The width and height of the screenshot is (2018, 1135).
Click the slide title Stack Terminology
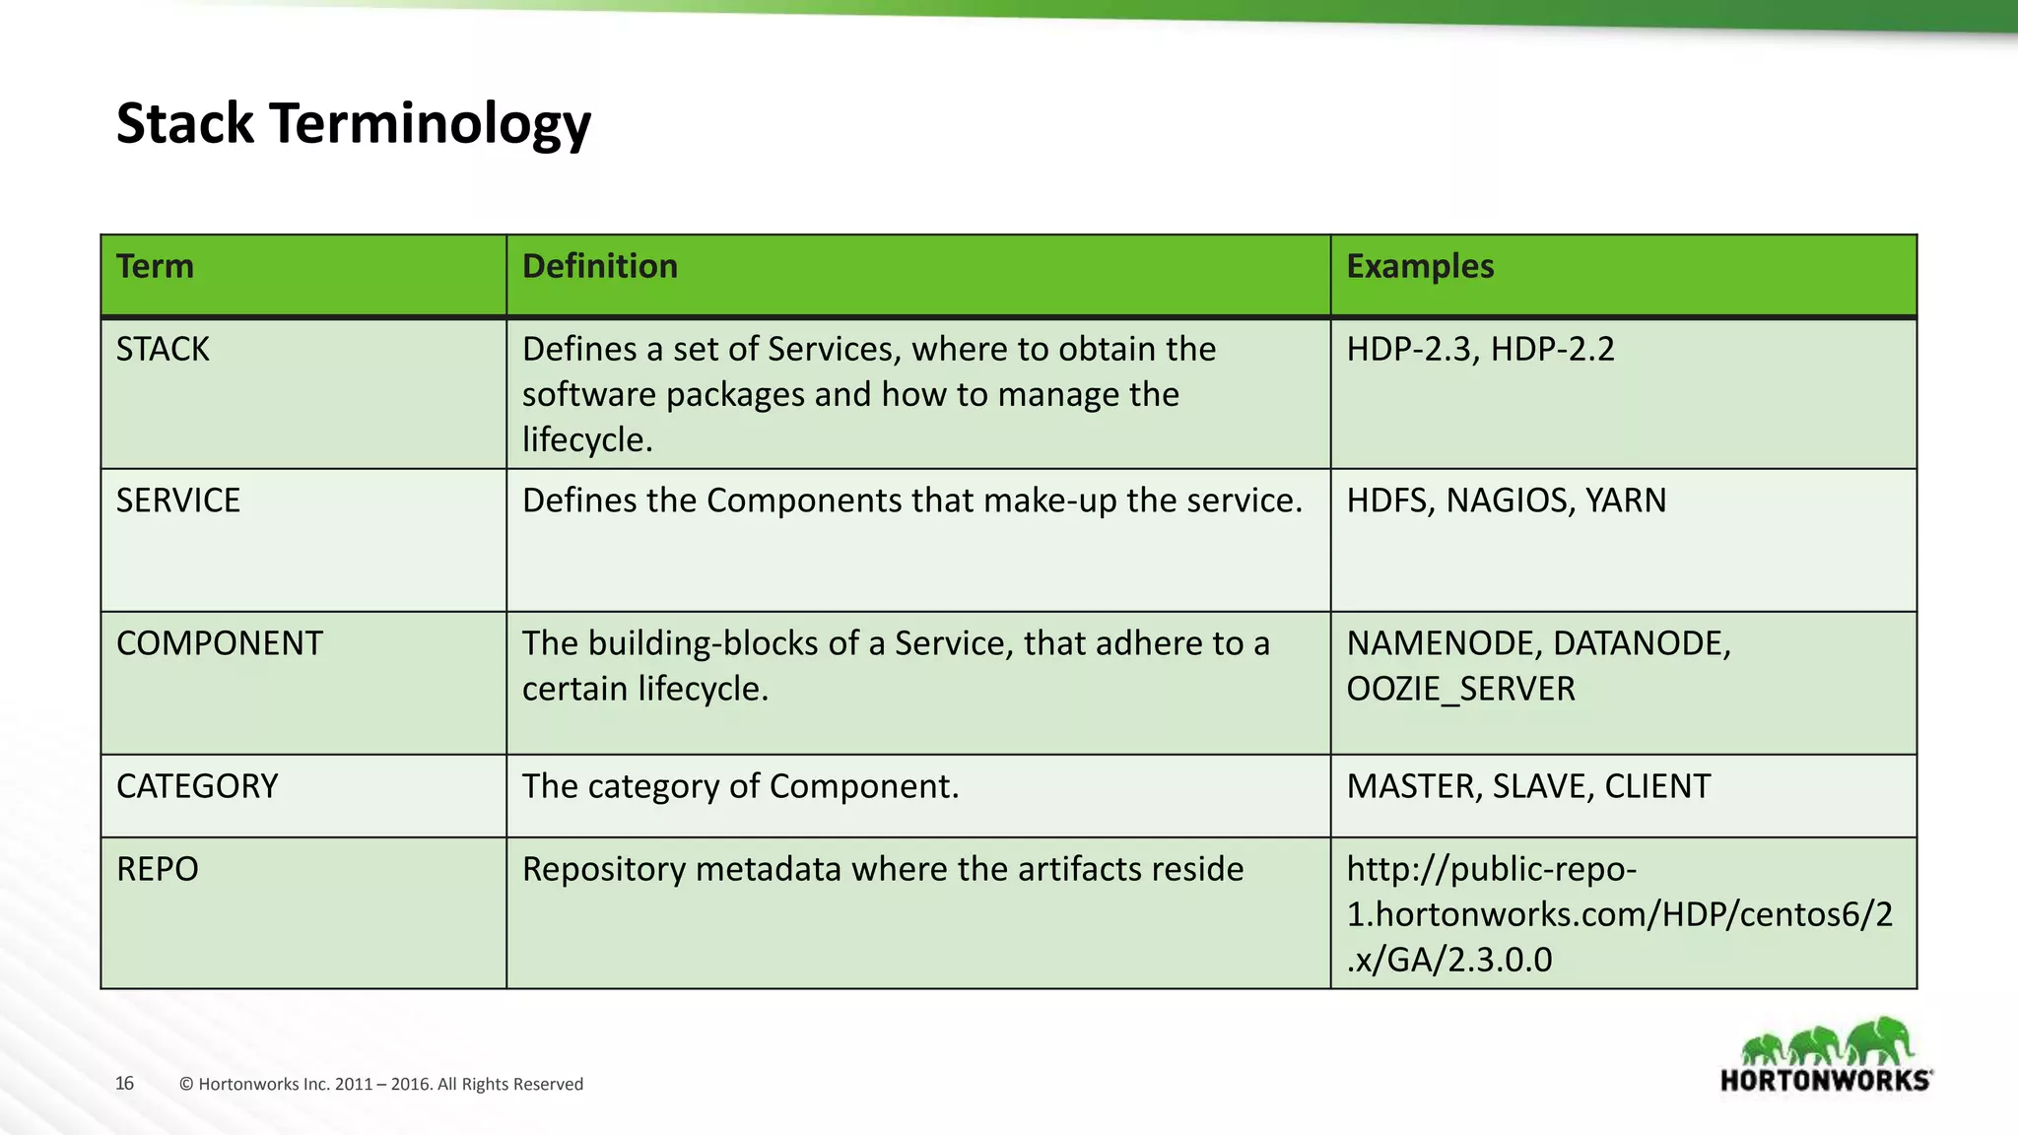pos(353,124)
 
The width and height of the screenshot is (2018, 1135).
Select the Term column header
pos(155,267)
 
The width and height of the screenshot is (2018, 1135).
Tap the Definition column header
pos(599,267)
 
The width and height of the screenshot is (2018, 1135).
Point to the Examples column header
pos(1419,267)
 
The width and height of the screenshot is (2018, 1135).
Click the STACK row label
pos(163,350)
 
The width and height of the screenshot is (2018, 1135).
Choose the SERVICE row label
pos(177,501)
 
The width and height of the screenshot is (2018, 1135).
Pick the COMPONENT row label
pos(219,643)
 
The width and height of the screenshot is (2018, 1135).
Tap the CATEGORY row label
pos(197,786)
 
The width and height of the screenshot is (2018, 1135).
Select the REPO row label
pos(157,869)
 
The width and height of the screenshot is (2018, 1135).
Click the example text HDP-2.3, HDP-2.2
pos(1480,350)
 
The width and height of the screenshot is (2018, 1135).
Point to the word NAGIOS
pos(1509,501)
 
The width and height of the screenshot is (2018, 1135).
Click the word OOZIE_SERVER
pos(1460,689)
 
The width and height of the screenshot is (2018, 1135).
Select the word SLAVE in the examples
pos(1544,786)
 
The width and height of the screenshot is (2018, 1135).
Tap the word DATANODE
pos(1641,643)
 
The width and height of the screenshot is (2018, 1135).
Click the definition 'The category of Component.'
pos(740,786)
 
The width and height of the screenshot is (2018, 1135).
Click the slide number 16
pos(124,1084)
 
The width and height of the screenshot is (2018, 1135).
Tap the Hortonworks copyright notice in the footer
pos(381,1085)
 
